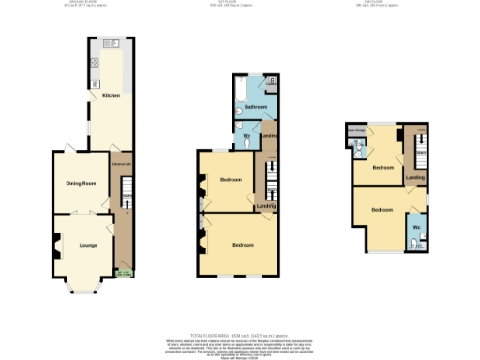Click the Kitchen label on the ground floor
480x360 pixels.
coord(111,96)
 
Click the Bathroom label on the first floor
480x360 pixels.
coord(255,108)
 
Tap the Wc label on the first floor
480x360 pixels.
coord(246,137)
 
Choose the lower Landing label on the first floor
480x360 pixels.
coord(266,206)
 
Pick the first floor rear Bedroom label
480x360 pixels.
coord(230,180)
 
